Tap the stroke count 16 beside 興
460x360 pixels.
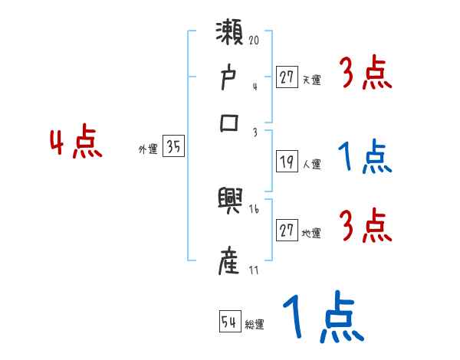coord(254,208)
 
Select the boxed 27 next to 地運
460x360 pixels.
coord(287,231)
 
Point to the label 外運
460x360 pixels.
coord(148,150)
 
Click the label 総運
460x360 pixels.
coord(255,325)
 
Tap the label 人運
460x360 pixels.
coord(312,164)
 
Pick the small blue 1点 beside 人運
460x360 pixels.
coord(364,157)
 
